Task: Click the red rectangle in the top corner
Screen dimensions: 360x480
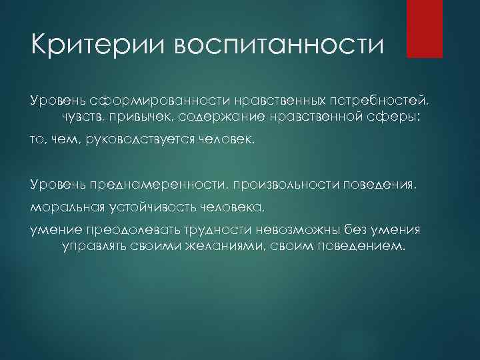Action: (424, 28)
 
